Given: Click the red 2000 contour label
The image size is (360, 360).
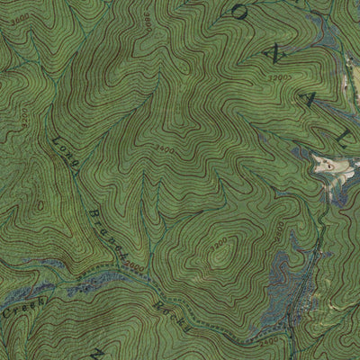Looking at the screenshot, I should tap(135, 266).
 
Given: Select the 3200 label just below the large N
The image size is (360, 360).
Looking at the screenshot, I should tap(281, 79).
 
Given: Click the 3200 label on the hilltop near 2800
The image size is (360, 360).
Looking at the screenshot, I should tap(219, 244).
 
